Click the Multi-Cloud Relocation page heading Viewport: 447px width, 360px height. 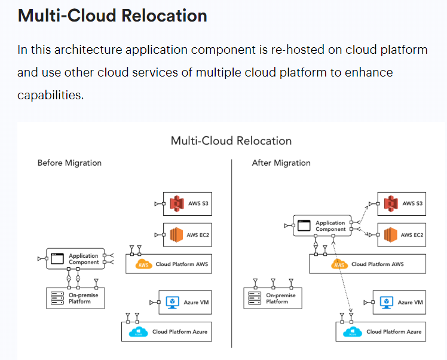112,16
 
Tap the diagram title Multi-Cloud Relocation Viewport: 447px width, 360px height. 231,141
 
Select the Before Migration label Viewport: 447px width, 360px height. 69,163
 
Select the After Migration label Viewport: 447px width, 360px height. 281,163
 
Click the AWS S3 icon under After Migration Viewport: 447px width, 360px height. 390,204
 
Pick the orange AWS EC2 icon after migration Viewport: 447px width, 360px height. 390,235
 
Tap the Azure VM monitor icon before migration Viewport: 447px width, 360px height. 173,303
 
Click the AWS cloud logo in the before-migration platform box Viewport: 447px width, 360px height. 144,264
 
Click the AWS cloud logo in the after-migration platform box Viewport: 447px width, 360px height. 340,264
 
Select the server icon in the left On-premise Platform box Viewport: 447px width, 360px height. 57,298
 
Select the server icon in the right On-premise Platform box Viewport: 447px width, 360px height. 255,298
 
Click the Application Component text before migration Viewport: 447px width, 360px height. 84,259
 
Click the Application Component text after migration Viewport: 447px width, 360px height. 330,226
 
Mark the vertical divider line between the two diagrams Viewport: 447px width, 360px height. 232,251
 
